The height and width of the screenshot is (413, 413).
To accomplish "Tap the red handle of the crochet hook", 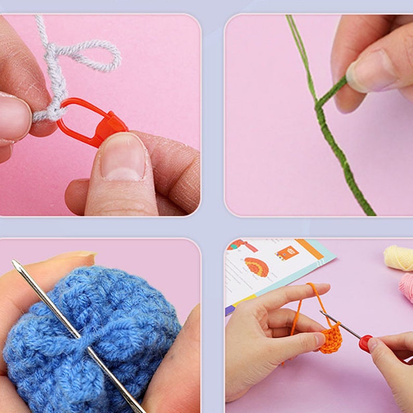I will pos(366,343).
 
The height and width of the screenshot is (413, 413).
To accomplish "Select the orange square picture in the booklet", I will pos(287,253).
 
